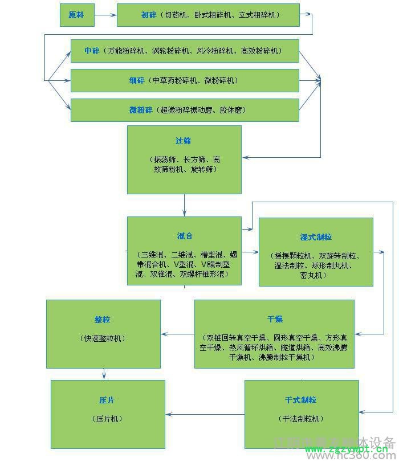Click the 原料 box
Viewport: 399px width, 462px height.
[76, 15]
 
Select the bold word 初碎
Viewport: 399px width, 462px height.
[148, 15]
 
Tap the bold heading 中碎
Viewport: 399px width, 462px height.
[92, 51]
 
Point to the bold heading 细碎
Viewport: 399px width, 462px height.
[137, 80]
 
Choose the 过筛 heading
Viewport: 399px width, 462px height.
[184, 141]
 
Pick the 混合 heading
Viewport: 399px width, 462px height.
[185, 236]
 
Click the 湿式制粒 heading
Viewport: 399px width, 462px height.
[316, 237]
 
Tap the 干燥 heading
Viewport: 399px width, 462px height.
[275, 319]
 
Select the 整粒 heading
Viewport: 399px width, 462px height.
[103, 320]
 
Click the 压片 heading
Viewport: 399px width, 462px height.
[107, 400]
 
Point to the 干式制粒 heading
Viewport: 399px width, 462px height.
[301, 400]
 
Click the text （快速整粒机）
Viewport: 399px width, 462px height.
[103, 338]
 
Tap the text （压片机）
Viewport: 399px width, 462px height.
[107, 419]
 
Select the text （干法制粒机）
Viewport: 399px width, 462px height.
[302, 419]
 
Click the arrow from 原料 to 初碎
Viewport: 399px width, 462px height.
[105, 15]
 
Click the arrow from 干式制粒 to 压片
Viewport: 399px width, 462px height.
[205, 414]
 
